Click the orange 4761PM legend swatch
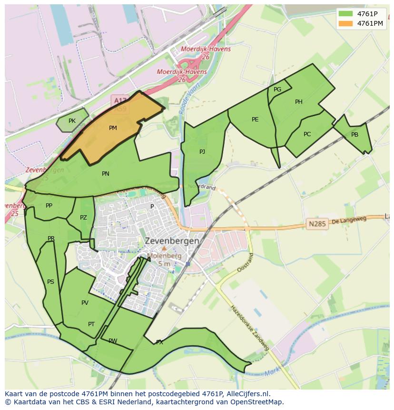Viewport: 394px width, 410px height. (346, 23)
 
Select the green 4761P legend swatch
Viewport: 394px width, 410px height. (346, 13)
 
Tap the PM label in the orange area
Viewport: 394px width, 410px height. (113, 128)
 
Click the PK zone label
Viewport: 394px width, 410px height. (72, 121)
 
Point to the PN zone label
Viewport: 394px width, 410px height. (106, 174)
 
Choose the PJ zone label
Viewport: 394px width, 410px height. (202, 152)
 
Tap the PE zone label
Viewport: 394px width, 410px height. (255, 120)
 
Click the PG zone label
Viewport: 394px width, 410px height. (277, 90)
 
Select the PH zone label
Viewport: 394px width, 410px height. (299, 102)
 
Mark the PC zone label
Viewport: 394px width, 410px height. (307, 134)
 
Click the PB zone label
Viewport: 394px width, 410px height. (355, 135)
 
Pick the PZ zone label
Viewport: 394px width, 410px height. (84, 218)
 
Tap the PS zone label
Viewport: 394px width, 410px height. (50, 282)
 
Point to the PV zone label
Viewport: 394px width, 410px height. (85, 303)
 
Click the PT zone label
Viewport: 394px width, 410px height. (91, 324)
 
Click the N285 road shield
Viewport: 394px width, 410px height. (317, 223)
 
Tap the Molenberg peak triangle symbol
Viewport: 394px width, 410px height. (164, 249)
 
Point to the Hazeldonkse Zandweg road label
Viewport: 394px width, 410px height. (250, 329)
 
